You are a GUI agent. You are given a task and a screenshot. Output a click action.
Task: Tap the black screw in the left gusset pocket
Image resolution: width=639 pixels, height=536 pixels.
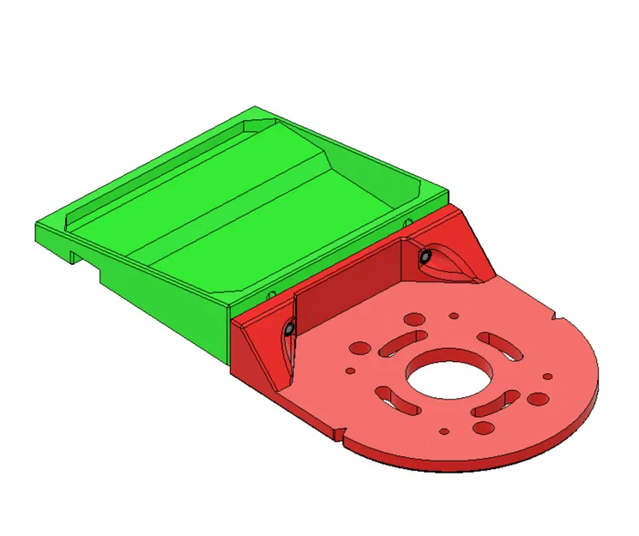[x=290, y=328]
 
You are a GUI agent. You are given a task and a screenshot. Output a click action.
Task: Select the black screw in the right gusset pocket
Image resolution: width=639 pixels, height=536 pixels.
[x=425, y=256]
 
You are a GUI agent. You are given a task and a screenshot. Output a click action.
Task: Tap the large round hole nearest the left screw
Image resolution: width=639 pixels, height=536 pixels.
[x=361, y=348]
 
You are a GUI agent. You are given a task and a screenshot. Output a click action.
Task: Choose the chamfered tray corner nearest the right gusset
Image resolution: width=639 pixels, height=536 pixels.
[x=411, y=194]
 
